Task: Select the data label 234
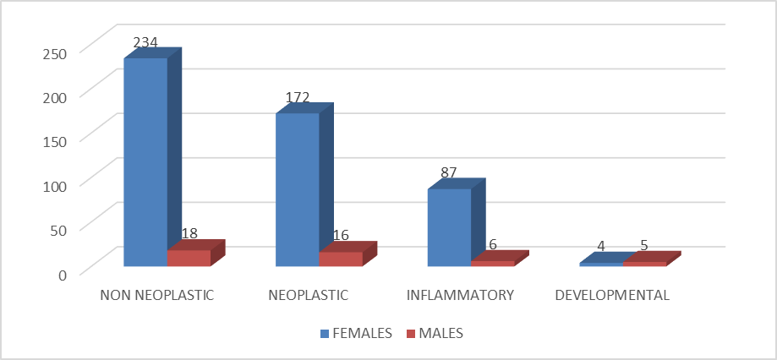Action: [145, 42]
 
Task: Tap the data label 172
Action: [298, 97]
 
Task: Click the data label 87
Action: [448, 173]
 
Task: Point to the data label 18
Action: [189, 234]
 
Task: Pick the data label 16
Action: [341, 235]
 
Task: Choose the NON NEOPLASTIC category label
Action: [157, 295]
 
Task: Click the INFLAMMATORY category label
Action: [460, 295]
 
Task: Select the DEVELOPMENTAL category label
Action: [612, 295]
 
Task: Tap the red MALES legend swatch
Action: [410, 334]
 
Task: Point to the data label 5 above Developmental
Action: [644, 246]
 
